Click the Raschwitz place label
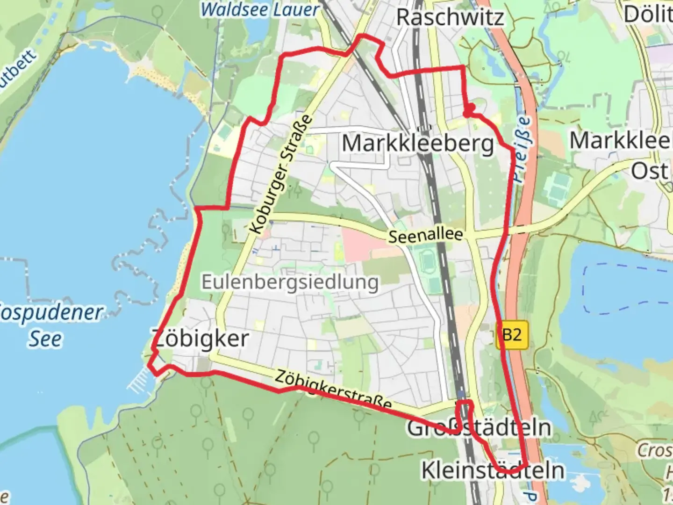coord(450,17)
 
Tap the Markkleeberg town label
coord(417,144)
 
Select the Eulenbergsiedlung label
coord(290,282)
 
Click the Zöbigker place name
coord(200,338)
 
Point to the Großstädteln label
coord(479,428)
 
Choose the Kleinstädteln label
coord(493,470)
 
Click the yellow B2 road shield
coord(512,335)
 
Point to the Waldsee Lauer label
coord(259,10)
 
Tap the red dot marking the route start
coord(469,109)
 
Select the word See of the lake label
coord(45,339)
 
